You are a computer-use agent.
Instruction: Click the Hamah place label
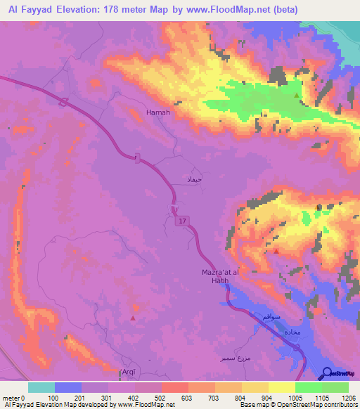coord(157,112)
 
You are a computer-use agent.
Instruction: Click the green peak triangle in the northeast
coord(297,95)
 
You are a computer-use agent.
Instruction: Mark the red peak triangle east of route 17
coord(276,250)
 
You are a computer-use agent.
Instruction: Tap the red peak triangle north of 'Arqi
coord(133,318)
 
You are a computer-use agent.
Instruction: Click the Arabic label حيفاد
coord(193,181)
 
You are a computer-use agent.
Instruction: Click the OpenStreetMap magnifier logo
coord(327,373)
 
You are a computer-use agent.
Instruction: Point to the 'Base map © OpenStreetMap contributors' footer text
coord(297,405)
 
